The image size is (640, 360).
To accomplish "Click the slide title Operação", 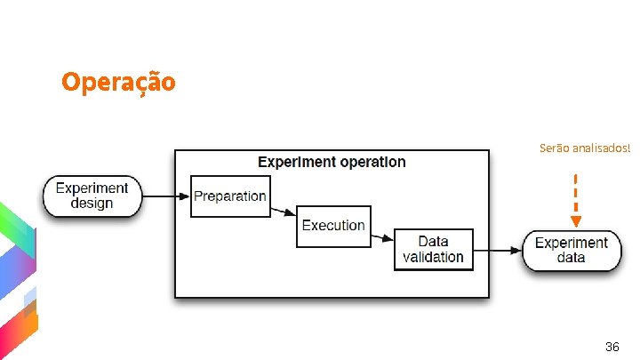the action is point(118,83).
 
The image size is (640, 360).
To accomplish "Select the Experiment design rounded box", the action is point(92,196).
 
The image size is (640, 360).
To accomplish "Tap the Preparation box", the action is point(229,196).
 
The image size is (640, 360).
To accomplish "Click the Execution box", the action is point(333,226).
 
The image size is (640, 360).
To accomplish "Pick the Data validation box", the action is point(433,249).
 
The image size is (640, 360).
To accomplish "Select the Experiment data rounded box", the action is point(571,250).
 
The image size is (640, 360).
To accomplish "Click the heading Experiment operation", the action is point(332,162).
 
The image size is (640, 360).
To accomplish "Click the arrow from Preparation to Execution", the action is point(283,212).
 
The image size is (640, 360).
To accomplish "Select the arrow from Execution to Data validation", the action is point(382,236).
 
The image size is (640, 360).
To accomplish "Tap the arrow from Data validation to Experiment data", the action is point(498,250).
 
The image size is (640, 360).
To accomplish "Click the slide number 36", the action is point(612,345).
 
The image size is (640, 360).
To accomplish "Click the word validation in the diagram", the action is point(433,257).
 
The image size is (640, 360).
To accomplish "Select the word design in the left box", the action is point(92,204).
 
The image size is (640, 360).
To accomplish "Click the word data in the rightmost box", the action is point(571,258).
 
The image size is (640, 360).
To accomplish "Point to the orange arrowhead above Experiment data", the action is point(576,220).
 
